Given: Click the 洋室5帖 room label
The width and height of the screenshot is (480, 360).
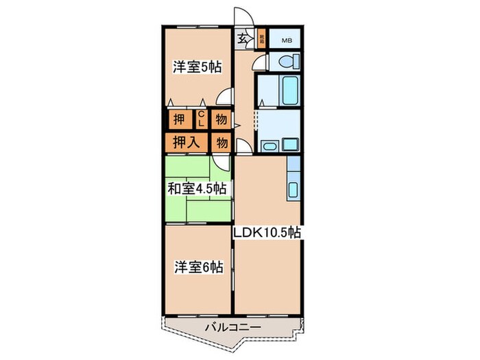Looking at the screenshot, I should click(x=197, y=67).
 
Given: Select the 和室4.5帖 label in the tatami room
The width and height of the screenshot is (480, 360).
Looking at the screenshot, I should click(x=197, y=189).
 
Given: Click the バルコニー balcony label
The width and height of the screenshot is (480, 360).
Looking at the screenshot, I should click(x=232, y=328).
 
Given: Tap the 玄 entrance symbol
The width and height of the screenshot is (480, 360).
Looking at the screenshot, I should click(x=243, y=38).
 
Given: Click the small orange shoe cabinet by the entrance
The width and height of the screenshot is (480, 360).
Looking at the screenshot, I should click(x=261, y=38).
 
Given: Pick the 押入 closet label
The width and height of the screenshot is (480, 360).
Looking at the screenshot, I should click(x=185, y=143).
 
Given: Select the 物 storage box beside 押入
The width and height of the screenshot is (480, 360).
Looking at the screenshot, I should click(x=221, y=143).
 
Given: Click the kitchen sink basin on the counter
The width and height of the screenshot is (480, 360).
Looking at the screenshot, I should click(x=293, y=189).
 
